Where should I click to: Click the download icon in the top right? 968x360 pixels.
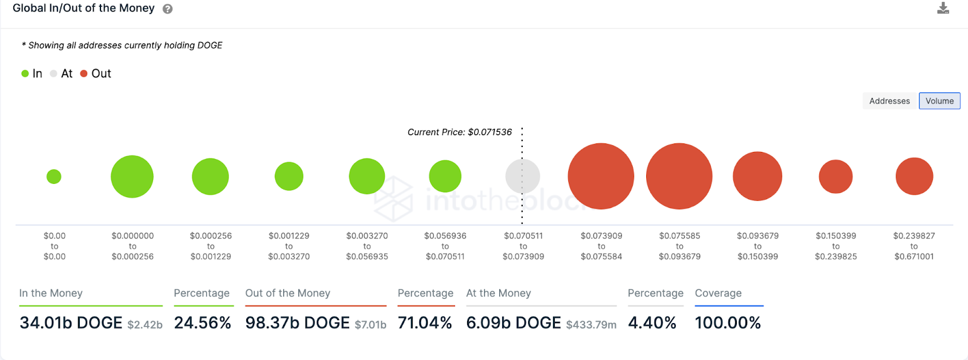tap(943, 8)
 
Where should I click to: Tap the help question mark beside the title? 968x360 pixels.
tap(168, 9)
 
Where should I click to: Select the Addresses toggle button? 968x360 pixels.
tap(889, 101)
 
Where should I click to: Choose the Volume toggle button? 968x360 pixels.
tap(939, 101)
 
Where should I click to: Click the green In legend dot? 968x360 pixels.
tap(25, 73)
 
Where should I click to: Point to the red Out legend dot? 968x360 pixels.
tap(84, 73)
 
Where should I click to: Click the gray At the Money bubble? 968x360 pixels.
tap(523, 176)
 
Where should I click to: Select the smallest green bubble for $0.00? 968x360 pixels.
tap(54, 177)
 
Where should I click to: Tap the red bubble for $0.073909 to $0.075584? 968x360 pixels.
tap(601, 176)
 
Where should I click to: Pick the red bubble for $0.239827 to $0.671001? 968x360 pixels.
tap(914, 176)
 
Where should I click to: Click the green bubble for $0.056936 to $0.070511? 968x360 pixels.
tap(445, 176)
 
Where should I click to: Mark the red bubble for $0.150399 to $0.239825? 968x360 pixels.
tap(836, 177)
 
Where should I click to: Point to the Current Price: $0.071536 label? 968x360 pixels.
tap(459, 132)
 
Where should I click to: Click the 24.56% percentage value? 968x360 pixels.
tap(203, 323)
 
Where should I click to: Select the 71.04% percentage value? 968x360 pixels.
tap(425, 323)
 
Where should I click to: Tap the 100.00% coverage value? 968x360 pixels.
tap(728, 323)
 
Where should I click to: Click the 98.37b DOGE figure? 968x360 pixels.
tap(297, 323)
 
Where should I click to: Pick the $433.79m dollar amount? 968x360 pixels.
tap(591, 325)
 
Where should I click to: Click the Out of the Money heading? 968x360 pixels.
tap(287, 293)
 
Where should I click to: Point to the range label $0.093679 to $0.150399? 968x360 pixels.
tap(757, 246)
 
